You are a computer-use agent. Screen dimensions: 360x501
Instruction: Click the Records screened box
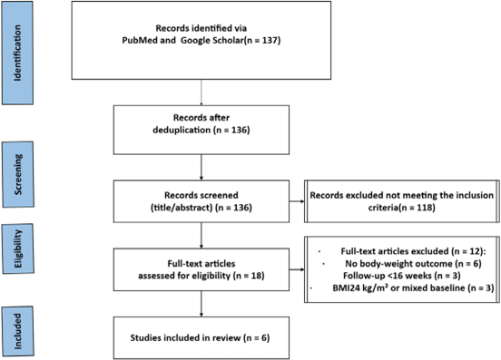pos(201,201)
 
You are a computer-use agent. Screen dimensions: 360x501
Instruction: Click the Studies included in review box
pos(201,337)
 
